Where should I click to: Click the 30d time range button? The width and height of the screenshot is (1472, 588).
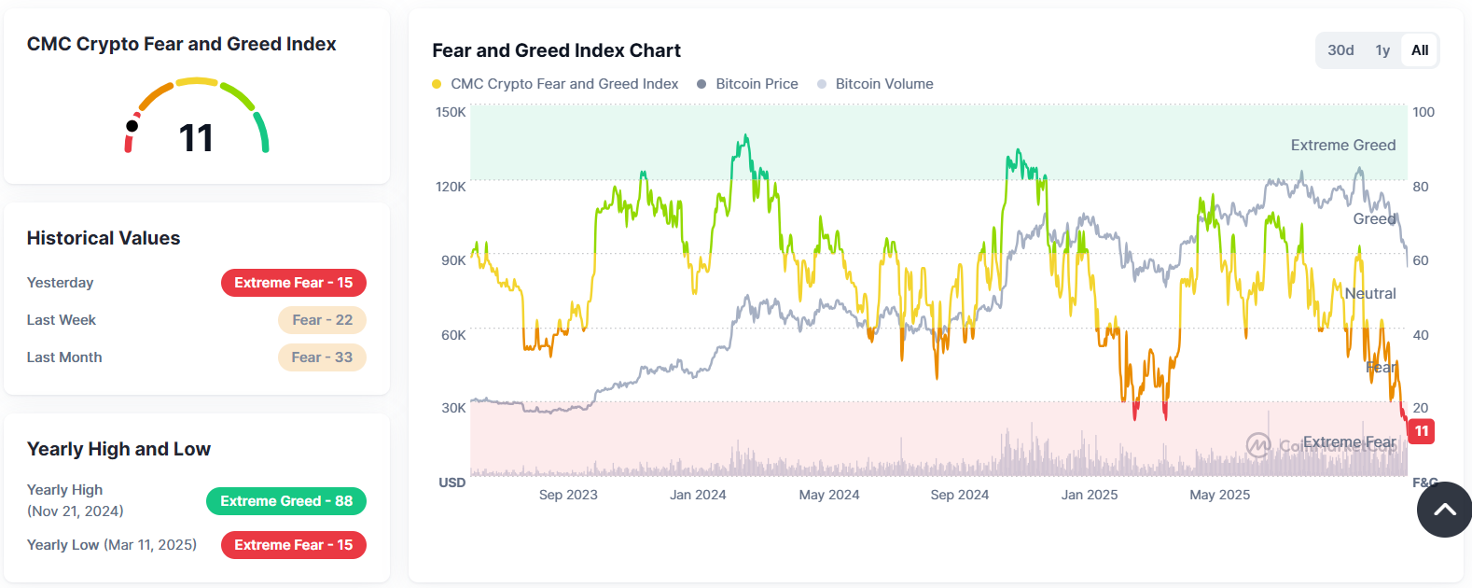1340,50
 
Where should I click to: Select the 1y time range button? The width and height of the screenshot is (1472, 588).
1382,50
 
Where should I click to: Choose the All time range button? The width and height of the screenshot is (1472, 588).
1420,50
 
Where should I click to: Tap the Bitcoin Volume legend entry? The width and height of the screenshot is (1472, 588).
883,84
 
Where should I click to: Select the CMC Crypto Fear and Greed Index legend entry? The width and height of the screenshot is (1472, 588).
563,84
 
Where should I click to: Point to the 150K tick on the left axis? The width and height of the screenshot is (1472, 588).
451,112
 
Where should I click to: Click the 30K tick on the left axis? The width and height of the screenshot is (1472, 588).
453,408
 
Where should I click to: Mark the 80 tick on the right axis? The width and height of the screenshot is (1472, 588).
1420,187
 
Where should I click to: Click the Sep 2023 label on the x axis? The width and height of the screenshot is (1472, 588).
568,495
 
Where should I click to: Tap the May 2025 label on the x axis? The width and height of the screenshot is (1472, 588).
1219,495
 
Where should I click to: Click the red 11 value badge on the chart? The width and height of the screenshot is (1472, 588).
1421,431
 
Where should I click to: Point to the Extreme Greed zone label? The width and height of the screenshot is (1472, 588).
1342,146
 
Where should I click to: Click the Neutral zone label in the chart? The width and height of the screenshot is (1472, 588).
1369,294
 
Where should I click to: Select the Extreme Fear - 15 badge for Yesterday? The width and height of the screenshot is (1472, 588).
293,283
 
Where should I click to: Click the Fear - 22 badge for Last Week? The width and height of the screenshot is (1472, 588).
322,320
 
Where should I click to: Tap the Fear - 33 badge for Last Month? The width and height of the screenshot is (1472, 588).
322,357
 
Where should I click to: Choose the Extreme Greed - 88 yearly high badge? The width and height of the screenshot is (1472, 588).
285,501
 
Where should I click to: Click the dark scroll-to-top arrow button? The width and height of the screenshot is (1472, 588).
1444,510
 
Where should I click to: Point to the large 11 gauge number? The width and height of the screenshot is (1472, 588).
196,138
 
